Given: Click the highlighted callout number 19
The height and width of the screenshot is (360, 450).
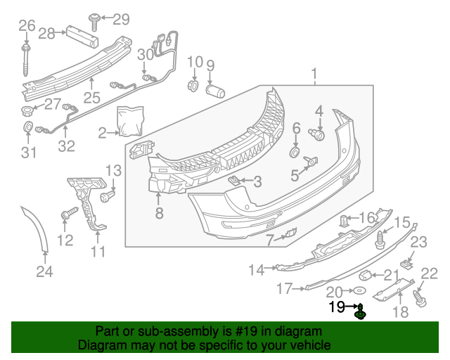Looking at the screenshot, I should pos(336,307).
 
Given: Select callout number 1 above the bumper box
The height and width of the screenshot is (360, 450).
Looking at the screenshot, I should pos(315,73).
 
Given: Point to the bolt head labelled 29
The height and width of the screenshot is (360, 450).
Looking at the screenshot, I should pos(94,16).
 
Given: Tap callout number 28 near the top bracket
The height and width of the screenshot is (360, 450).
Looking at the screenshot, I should pos(47,33).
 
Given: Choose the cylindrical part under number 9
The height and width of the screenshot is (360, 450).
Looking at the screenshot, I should pos(214,91).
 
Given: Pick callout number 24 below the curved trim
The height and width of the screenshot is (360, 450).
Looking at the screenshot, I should pos(44,272).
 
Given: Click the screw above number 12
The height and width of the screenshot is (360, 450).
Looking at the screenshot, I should pos(68,213).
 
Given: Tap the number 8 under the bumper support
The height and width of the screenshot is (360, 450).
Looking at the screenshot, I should pos(160,213).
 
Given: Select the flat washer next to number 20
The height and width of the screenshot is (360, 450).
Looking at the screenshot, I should pos(359,291).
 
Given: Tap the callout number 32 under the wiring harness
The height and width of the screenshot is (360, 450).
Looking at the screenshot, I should pos(66,147).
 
